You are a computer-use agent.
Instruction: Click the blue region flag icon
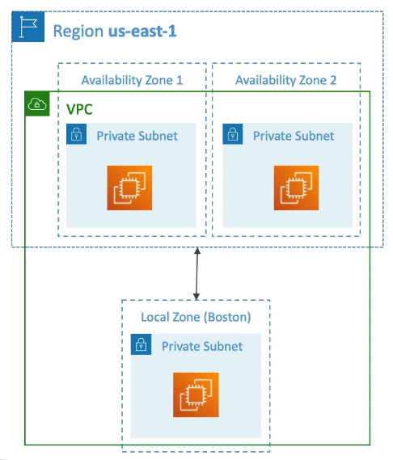click(28, 27)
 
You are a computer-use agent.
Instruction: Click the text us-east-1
click(142, 31)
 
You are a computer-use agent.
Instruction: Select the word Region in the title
click(78, 32)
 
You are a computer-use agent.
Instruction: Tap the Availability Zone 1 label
click(132, 80)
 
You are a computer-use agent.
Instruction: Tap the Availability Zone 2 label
click(286, 80)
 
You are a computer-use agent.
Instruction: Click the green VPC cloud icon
click(37, 103)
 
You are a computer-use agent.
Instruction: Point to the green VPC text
click(79, 109)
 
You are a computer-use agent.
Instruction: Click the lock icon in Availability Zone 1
click(76, 134)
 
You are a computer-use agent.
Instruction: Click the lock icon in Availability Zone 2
click(233, 134)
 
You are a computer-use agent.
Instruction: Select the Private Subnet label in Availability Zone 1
click(137, 136)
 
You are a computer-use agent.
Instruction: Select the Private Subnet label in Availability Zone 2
click(294, 136)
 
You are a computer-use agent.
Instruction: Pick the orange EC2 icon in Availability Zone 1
click(129, 188)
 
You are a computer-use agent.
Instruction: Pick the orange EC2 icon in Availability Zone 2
click(296, 188)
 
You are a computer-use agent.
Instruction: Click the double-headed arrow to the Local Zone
click(197, 274)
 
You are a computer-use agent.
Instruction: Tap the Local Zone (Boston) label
click(196, 317)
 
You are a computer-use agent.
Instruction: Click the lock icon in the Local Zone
click(142, 344)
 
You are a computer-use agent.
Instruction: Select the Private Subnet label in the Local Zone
click(202, 347)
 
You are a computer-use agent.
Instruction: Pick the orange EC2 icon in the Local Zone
click(196, 395)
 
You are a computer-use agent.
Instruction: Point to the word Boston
click(227, 317)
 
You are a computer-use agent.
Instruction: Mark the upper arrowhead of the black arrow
click(197, 251)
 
